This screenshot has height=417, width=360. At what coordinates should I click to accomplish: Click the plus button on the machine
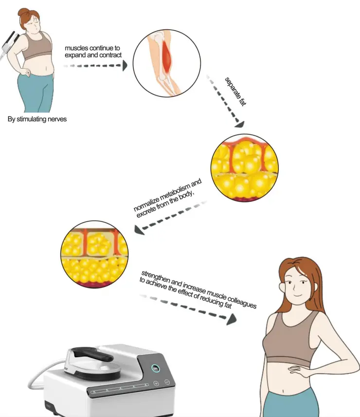[x=156, y=383]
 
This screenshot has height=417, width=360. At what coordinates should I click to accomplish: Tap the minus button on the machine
[x=166, y=382]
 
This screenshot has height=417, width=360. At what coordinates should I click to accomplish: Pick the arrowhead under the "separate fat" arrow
[x=238, y=124]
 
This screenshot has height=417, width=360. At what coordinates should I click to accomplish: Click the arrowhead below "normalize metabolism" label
[x=140, y=230]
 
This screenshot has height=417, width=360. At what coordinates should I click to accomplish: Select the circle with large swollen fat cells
[x=245, y=168]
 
